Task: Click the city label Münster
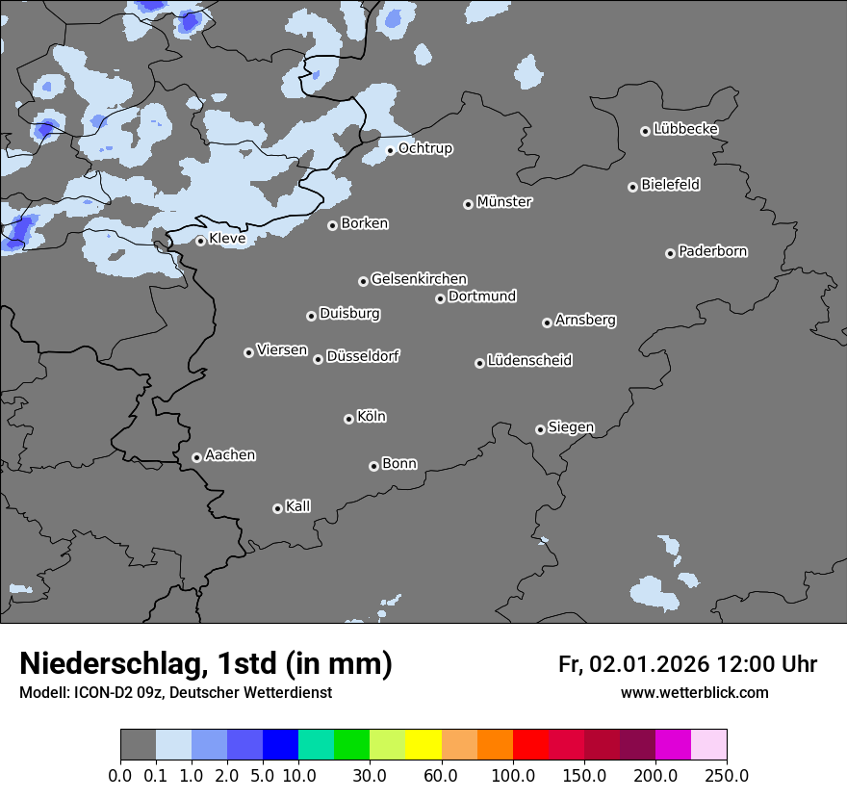click(503, 202)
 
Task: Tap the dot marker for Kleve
click(200, 241)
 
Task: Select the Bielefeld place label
click(670, 185)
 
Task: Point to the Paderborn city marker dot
click(670, 253)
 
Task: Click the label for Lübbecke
click(685, 129)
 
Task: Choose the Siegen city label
click(571, 427)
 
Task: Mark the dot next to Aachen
click(196, 457)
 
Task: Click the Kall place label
click(297, 506)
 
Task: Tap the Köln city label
click(371, 417)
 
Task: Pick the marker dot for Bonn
click(373, 466)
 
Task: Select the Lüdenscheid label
click(529, 361)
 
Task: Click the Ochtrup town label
click(424, 148)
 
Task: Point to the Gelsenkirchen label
click(419, 279)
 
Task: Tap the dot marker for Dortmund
click(440, 298)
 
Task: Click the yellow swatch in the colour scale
click(423, 745)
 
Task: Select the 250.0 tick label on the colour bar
click(727, 776)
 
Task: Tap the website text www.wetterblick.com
click(694, 693)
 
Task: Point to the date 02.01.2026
click(650, 664)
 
